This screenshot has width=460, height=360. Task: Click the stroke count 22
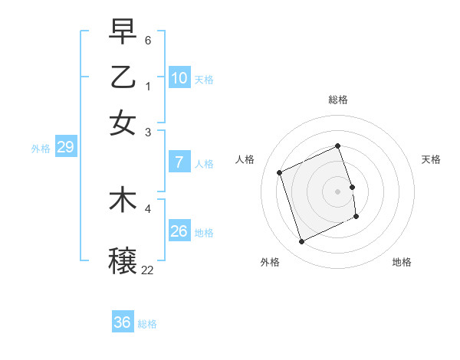[x=147, y=269]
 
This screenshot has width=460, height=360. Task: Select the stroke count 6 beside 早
[x=148, y=39]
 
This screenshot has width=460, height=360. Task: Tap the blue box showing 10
[x=179, y=77]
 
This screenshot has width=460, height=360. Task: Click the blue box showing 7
[x=179, y=162]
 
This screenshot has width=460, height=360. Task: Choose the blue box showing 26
[x=179, y=231]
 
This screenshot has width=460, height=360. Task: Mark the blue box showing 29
[x=65, y=147]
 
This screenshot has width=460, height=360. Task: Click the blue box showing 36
[x=123, y=322]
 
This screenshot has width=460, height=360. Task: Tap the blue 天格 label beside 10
[x=204, y=80]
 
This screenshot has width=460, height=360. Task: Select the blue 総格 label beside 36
[x=147, y=324]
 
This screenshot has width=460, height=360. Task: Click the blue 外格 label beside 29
[x=40, y=149]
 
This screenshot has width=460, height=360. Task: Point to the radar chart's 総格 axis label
[x=338, y=100]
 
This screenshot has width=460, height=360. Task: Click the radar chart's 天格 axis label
[x=431, y=159]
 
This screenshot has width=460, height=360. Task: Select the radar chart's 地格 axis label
[x=402, y=262]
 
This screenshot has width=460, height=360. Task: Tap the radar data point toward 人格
[x=280, y=172]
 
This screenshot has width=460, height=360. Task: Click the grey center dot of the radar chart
[x=338, y=191]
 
